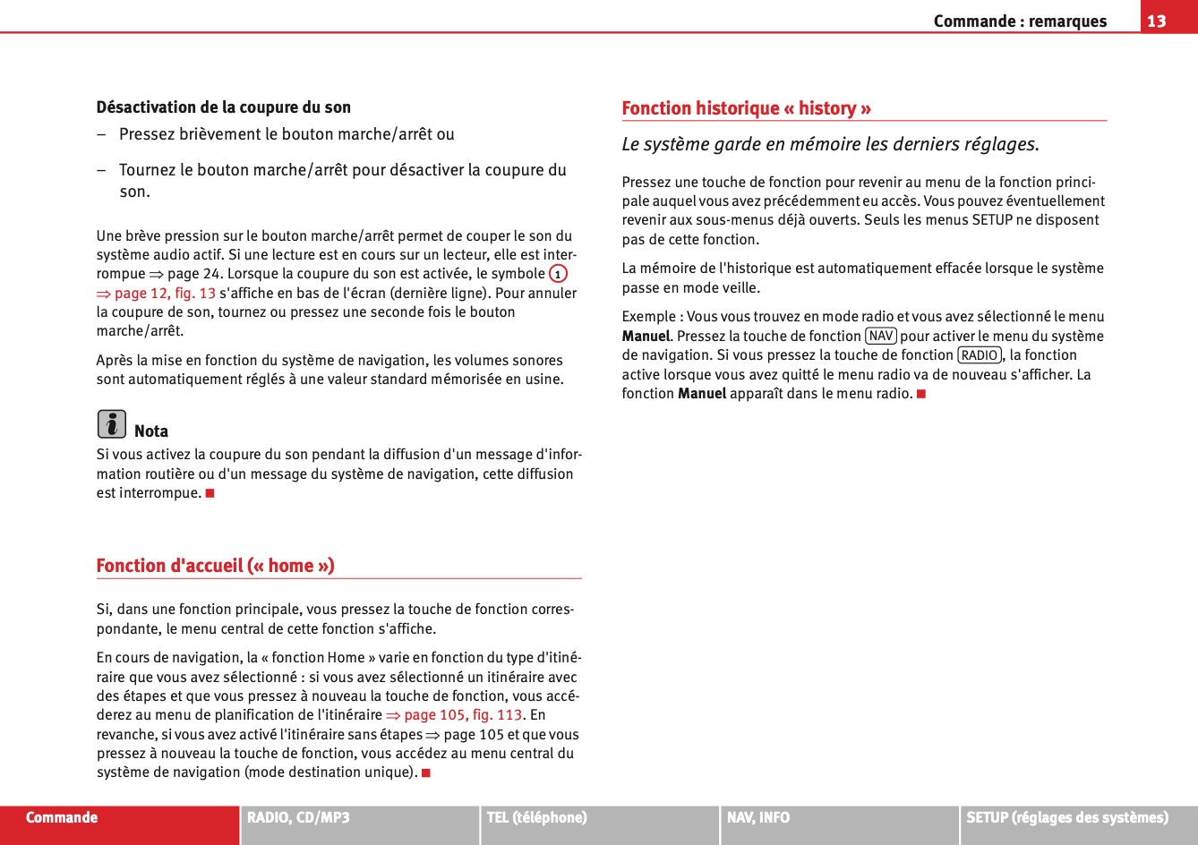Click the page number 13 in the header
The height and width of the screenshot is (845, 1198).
1157,21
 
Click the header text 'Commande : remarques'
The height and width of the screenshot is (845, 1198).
1020,21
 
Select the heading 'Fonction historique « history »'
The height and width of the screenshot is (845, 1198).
746,108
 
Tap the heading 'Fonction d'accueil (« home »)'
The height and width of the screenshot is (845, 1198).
215,566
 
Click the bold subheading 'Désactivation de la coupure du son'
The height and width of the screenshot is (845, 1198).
223,107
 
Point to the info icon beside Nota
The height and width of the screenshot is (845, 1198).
112,423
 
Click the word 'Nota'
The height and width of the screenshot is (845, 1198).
151,431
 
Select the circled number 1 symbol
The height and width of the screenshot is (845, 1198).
558,274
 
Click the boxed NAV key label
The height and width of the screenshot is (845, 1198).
881,336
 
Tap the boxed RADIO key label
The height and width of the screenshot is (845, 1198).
980,355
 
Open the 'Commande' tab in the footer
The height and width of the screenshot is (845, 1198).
62,817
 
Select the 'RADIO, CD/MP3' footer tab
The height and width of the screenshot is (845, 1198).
298,817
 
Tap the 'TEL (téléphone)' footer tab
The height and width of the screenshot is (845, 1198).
536,817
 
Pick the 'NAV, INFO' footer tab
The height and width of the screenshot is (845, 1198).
758,817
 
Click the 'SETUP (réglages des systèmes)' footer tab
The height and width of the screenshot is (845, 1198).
1066,817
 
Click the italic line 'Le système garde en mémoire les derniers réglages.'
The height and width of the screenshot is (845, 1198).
830,144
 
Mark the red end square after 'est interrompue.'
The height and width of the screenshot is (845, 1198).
210,493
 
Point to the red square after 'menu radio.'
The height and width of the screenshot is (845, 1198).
920,394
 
